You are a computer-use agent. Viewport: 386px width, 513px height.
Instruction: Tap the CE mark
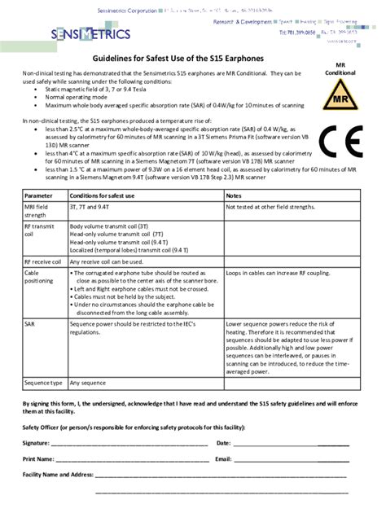point(340,142)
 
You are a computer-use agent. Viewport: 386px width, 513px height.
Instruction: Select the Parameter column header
point(38,196)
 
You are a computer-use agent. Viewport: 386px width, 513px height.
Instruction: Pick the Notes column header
point(235,196)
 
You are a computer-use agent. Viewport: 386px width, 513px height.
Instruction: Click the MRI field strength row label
point(37,212)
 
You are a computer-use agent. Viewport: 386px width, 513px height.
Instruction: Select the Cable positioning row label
point(38,277)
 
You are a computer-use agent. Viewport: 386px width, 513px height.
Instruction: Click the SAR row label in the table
point(31,323)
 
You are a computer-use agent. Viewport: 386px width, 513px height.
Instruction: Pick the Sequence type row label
point(44,382)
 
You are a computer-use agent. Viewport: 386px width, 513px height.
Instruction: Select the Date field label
point(224,443)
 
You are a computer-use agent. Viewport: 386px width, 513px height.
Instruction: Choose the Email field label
point(224,458)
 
